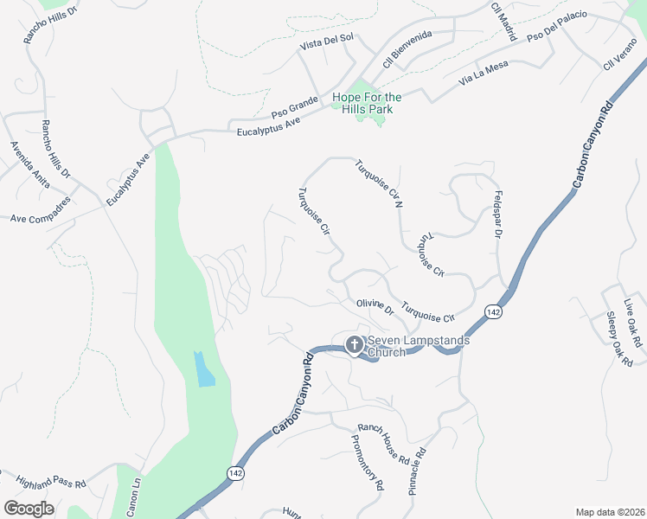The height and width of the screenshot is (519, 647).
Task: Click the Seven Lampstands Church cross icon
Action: click(354, 345)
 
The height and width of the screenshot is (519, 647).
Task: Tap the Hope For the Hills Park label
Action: click(367, 104)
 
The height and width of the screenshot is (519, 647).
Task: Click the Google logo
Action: click(29, 509)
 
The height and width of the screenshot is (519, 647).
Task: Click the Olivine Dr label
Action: click(375, 307)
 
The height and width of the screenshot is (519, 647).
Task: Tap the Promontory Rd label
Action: click(367, 461)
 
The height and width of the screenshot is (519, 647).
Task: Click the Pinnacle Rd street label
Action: click(416, 471)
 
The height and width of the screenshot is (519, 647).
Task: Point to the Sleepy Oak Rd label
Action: click(619, 340)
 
